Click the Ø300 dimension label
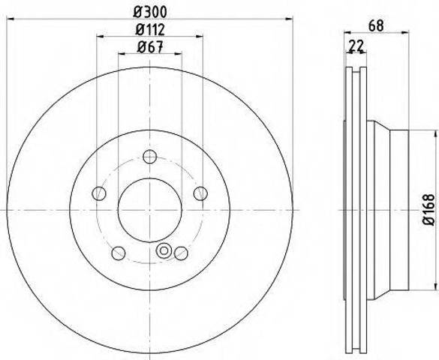(x=150, y=12)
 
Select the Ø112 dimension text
(x=150, y=30)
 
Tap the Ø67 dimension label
(x=150, y=46)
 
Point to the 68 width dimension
(x=376, y=25)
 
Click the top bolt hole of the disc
(x=149, y=156)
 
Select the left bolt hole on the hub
(x=99, y=193)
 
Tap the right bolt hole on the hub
(x=201, y=193)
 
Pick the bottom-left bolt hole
(x=119, y=253)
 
